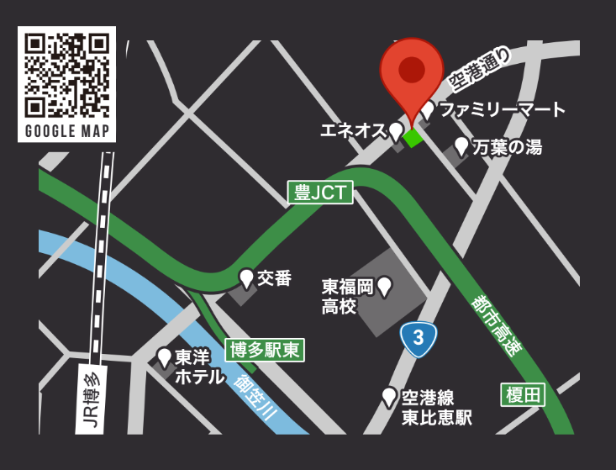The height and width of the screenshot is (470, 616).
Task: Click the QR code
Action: click(66, 75)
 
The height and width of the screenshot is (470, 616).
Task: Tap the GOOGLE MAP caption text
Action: click(66, 131)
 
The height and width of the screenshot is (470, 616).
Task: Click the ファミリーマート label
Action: click(503, 110)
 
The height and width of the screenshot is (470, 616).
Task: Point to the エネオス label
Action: click(353, 130)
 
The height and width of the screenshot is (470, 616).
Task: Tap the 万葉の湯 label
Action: click(507, 148)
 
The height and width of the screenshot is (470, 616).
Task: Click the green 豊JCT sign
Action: click(320, 193)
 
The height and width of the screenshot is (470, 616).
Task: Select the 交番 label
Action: click(274, 277)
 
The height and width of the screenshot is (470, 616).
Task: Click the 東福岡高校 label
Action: click(346, 296)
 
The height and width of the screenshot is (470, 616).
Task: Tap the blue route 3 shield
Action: click(418, 339)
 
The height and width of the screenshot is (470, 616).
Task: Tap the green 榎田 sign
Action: click(524, 394)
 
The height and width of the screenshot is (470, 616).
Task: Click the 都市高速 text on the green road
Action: click(496, 325)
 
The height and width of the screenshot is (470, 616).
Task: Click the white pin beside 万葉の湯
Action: click(461, 146)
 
